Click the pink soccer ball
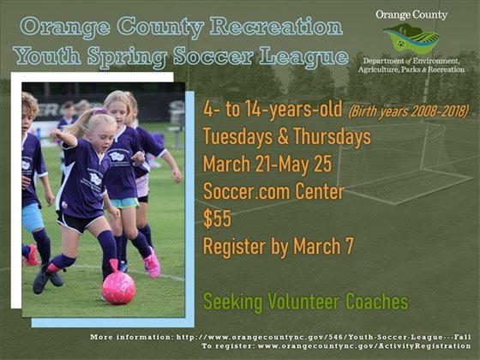[x=118, y=288]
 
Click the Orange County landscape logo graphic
[x=411, y=39]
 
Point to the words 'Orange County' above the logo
[x=411, y=15]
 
